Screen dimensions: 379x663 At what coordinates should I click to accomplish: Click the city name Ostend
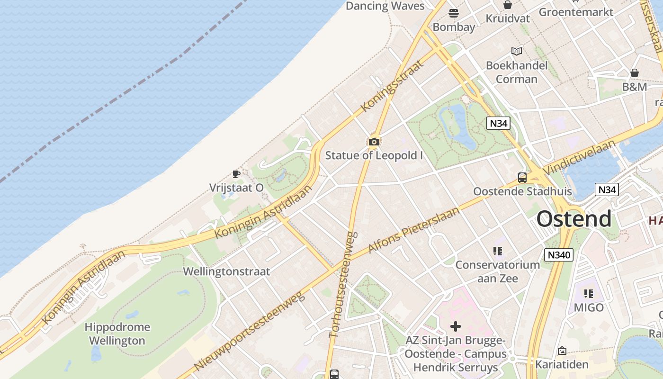point(574,219)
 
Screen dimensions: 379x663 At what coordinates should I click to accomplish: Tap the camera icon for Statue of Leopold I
point(374,142)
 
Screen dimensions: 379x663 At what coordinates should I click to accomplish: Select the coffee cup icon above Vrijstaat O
point(236,174)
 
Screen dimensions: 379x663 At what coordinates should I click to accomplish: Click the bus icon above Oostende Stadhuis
point(522,178)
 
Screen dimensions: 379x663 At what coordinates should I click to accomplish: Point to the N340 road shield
point(559,255)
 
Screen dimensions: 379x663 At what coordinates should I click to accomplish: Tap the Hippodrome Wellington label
point(117,334)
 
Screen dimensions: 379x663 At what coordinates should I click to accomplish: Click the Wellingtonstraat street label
point(226,271)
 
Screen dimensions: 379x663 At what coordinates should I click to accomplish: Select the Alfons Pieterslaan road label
point(413,230)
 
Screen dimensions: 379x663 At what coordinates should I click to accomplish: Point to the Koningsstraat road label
point(391,86)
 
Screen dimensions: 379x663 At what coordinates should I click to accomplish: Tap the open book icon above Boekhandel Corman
point(517,51)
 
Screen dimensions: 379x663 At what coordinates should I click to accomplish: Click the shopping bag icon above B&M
point(635,73)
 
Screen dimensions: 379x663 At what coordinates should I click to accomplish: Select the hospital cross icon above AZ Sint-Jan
point(456,326)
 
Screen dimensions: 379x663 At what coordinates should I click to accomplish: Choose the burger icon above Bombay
point(454,13)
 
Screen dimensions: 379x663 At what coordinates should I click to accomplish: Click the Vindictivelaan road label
point(579,157)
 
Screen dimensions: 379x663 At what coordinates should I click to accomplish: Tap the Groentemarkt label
point(576,12)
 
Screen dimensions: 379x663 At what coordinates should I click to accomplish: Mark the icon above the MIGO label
point(589,294)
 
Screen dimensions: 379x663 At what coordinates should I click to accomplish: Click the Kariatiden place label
point(562,364)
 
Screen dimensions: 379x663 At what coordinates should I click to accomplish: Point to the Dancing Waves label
point(385,6)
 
